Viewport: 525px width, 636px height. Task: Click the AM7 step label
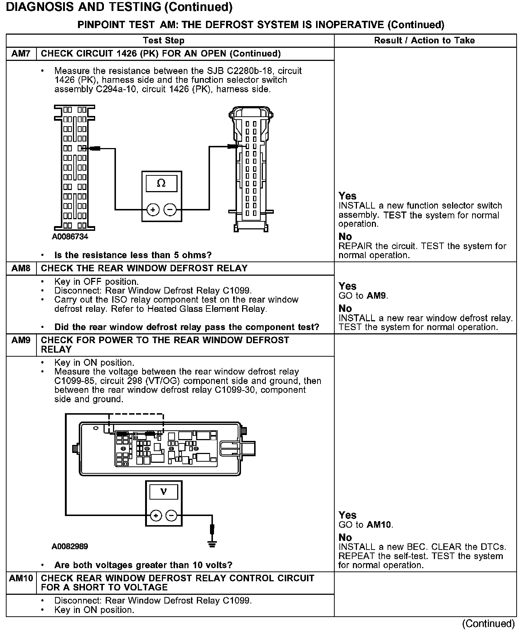pos(21,54)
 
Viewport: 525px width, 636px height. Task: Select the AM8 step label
pos(21,268)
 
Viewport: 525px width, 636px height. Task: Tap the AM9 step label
pos(21,340)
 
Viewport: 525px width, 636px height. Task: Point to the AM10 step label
pos(21,578)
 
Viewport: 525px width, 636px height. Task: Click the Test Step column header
pos(164,40)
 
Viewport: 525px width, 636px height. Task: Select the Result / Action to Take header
pos(424,40)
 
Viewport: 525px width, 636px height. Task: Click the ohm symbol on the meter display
pos(161,183)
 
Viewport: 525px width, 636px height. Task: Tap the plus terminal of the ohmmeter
pos(153,210)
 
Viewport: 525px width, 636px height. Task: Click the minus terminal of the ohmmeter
pos(170,210)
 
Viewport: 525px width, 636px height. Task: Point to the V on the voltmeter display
pos(163,492)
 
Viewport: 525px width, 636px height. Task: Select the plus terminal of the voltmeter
pos(156,515)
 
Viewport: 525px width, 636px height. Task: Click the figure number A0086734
pos(70,237)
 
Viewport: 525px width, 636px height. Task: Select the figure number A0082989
pos(70,546)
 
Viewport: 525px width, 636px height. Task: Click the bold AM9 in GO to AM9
pos(376,295)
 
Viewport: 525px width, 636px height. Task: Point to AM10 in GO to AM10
pos(379,525)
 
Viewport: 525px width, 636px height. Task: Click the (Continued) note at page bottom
pos(488,624)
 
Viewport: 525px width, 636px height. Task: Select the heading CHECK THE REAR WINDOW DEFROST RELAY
pos(144,268)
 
